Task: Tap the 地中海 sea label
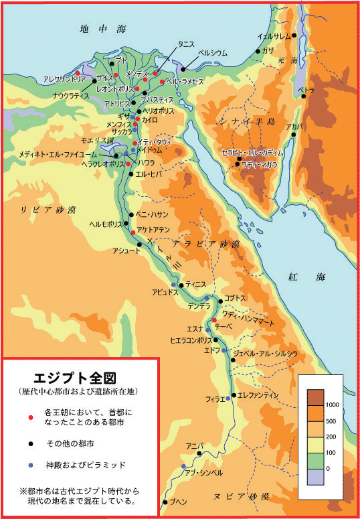click(x=93, y=29)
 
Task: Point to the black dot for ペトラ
click(x=303, y=96)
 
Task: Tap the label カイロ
click(x=150, y=119)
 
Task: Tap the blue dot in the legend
click(x=29, y=464)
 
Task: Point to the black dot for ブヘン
click(x=165, y=502)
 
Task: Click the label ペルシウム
click(x=212, y=53)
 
